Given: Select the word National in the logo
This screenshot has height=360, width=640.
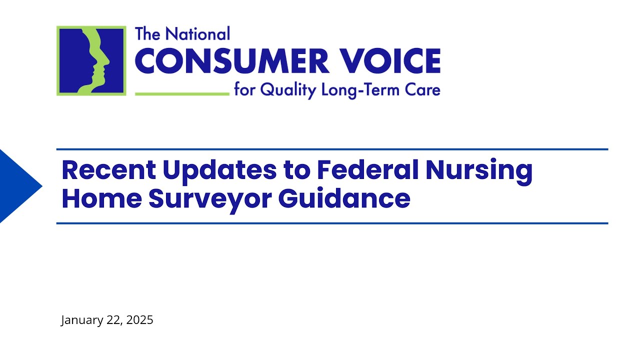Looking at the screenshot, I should pyautogui.click(x=198, y=34).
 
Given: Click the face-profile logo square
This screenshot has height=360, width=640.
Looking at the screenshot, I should pyautogui.click(x=91, y=60).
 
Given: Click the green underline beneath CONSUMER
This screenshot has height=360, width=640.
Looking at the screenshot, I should pyautogui.click(x=182, y=93).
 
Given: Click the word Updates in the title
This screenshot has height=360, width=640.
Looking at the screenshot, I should pyautogui.click(x=219, y=170).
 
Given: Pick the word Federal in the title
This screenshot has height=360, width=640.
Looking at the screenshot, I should pyautogui.click(x=369, y=170).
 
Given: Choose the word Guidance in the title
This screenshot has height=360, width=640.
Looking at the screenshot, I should pyautogui.click(x=344, y=198).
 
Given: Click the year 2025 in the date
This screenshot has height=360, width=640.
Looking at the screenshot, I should pyautogui.click(x=139, y=320).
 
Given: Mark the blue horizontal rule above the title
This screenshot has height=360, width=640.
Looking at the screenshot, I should pyautogui.click(x=332, y=149).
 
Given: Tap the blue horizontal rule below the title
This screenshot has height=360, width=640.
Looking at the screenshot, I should pyautogui.click(x=332, y=223).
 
